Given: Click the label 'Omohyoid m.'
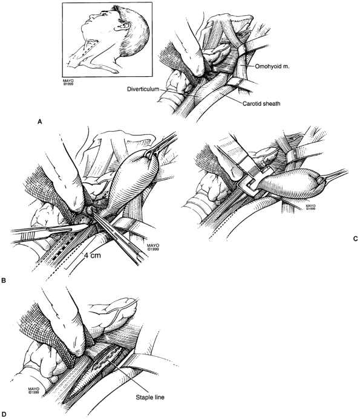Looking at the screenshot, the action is (x=272, y=67).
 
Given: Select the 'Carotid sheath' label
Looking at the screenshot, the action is (x=261, y=103).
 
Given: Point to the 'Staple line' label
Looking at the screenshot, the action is (x=150, y=397).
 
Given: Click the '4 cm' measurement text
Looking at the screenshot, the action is (x=93, y=256).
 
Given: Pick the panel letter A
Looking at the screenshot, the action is (x=40, y=122).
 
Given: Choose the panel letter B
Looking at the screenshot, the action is (x=4, y=281).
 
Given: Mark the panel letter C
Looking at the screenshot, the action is (x=355, y=239).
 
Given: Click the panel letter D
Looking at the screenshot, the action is (x=4, y=414).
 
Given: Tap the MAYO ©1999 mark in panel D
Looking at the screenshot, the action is (x=33, y=391).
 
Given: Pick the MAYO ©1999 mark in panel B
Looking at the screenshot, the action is (x=153, y=247).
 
